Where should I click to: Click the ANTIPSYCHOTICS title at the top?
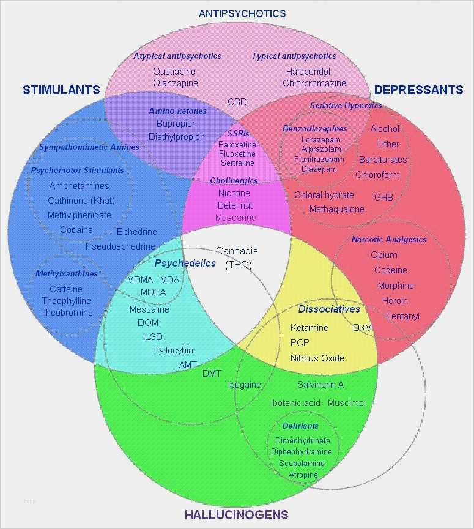pos(242,13)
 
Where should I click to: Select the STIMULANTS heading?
pos(61,90)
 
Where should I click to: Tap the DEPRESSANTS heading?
pos(418,90)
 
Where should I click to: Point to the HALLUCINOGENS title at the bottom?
pos(237,514)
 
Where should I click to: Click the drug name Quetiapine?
pos(174,72)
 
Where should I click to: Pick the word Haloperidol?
pos(308,72)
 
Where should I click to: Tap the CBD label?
pos(237,102)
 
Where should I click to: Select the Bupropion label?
pos(176,124)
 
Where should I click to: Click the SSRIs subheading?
pos(238,133)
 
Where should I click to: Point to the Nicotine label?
pos(234,193)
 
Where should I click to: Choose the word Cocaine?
pos(76,230)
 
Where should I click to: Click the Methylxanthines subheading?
pos(67,273)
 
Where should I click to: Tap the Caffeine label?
pos(66,289)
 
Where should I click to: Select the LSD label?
pos(154,337)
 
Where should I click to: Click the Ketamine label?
pos(309,328)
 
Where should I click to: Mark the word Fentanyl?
pos(402,316)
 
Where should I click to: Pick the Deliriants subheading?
pos(300,426)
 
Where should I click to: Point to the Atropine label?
pos(303,475)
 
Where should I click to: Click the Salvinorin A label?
pos(320,385)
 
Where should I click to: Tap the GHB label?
pos(383,197)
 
